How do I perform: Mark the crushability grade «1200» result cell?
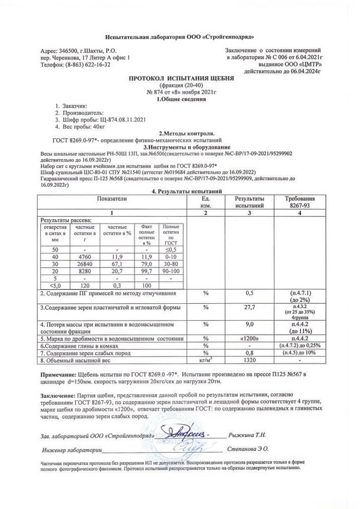tap(250, 339)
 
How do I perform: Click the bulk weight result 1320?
tap(250, 360)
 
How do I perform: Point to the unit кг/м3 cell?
tap(205, 360)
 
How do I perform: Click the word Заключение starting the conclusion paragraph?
tap(59, 394)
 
